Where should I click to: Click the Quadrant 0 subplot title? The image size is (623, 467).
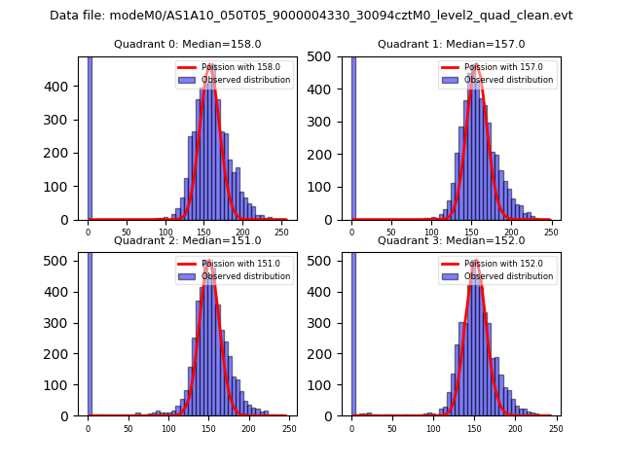coord(188,45)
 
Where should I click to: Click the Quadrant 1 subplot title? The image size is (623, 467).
coord(452,45)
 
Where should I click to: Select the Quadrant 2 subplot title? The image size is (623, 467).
coord(188,241)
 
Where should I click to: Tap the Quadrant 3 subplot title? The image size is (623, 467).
coord(452,241)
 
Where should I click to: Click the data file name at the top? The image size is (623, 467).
coord(311,16)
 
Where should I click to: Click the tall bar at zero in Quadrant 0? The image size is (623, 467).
coord(90,136)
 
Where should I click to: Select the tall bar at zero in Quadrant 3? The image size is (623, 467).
coord(352,331)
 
